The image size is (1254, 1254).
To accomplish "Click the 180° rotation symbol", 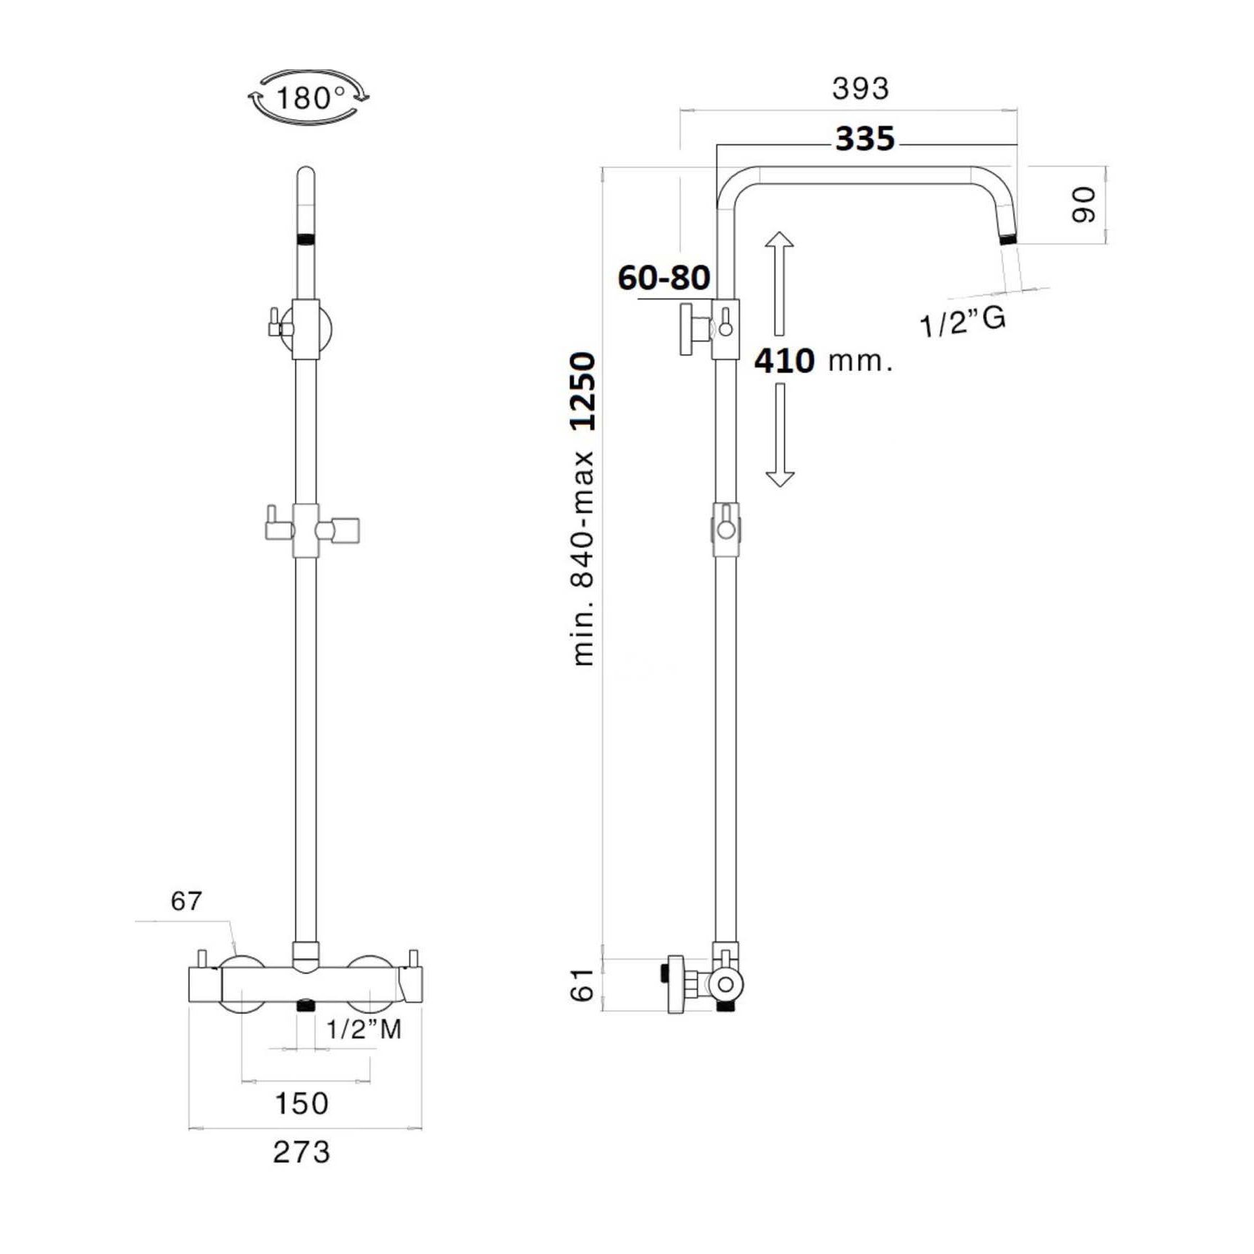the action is (x=308, y=97).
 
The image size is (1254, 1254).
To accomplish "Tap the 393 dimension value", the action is (x=860, y=89).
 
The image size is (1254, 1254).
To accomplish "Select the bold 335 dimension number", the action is (x=865, y=139).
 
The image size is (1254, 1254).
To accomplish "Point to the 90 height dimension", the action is (x=1083, y=205).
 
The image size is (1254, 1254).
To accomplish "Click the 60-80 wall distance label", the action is (x=663, y=278).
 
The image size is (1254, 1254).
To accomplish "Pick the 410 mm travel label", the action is (x=824, y=360).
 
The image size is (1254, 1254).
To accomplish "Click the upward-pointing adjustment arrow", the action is (x=779, y=284).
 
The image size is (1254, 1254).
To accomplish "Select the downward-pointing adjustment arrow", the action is (x=780, y=435).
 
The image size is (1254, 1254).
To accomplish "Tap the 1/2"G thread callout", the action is (x=962, y=321).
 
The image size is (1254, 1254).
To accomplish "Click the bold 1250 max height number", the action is (x=583, y=391).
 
